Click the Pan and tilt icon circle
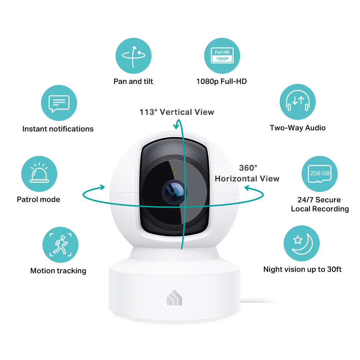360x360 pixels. coord(134,56)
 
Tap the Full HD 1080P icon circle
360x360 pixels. coord(222,56)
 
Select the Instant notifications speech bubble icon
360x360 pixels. coord(59,103)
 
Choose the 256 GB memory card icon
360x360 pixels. coord(320,174)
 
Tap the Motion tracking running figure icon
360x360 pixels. coord(60,245)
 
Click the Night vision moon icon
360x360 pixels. coord(301,243)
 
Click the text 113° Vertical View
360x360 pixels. coord(177,112)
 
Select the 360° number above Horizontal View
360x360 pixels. coord(248,168)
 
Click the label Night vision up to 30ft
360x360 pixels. coord(302,269)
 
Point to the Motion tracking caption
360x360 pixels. coord(58,271)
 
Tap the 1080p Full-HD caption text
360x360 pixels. coord(221,81)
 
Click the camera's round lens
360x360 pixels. coord(174,192)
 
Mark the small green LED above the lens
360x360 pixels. coord(175,170)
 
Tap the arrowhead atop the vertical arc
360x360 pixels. coord(176,125)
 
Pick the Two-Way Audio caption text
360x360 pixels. coord(298,128)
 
